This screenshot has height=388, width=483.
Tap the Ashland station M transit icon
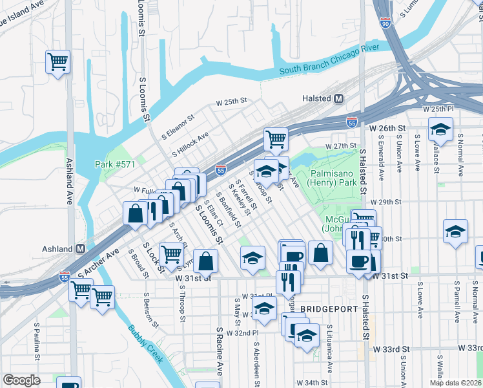[80, 249]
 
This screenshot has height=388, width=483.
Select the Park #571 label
[115, 164]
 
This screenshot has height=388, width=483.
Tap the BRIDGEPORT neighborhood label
[329, 309]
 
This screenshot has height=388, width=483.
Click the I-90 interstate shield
[385, 23]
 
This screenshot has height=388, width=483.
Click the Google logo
[21, 380]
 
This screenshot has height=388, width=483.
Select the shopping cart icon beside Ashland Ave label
[58, 62]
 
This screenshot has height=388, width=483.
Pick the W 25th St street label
[232, 102]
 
